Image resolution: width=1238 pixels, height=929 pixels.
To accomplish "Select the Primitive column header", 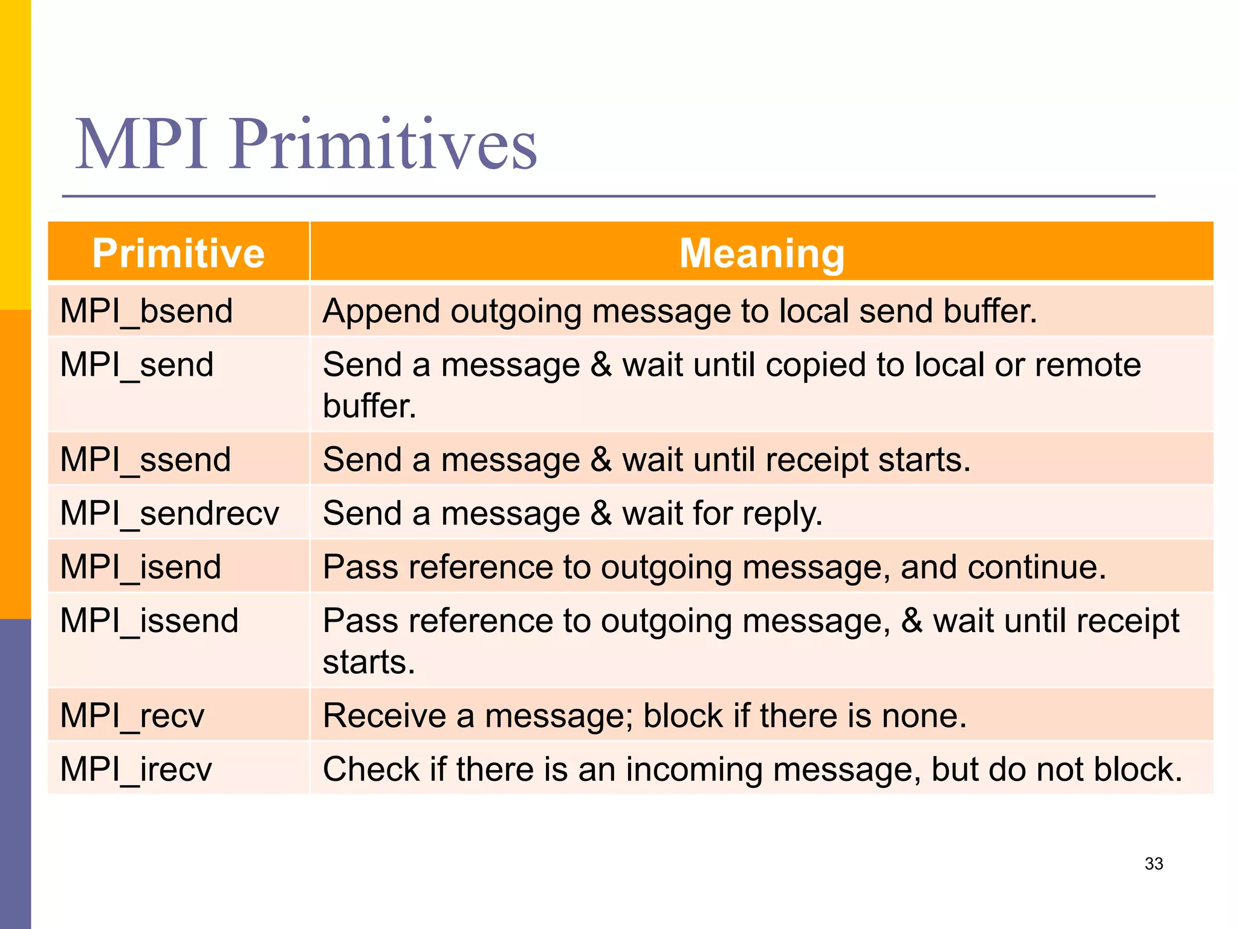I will click(178, 253).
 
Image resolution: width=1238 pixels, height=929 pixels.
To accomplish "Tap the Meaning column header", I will click(762, 253).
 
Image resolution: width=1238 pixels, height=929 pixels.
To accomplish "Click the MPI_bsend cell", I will click(146, 311).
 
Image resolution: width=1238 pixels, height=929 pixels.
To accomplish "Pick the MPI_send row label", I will click(137, 365).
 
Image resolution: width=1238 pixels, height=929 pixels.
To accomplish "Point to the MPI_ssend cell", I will click(146, 459).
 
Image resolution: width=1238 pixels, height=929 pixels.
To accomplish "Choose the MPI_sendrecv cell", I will click(169, 513).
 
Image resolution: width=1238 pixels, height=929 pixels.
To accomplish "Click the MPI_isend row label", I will click(141, 567).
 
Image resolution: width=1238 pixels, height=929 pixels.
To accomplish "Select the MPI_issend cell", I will click(149, 621).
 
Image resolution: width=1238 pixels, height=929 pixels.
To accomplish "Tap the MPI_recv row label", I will click(132, 715).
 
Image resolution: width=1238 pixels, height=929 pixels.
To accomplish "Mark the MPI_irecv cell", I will click(136, 769).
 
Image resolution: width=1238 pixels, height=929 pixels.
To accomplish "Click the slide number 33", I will click(1153, 864).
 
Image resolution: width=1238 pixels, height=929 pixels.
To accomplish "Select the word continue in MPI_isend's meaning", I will click(1035, 567).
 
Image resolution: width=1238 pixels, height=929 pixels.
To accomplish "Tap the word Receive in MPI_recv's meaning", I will click(384, 716).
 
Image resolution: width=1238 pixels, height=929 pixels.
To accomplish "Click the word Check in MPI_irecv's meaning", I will click(371, 769).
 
